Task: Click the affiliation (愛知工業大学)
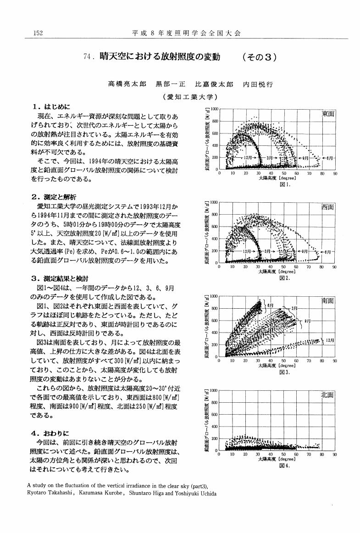[189, 97]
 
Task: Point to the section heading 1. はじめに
[50, 106]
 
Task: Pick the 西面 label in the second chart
[328, 207]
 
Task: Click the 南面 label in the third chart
[328, 301]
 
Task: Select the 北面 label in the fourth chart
[328, 395]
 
